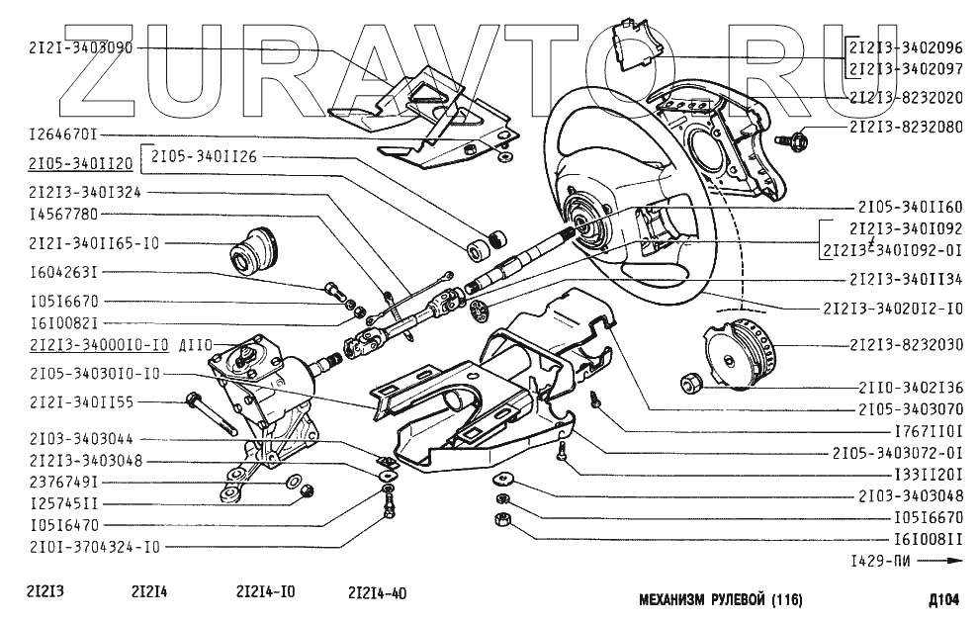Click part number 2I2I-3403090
point(73,46)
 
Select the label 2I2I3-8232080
point(905,128)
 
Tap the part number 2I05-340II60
point(905,209)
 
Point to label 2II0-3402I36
point(905,387)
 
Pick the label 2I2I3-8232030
point(905,345)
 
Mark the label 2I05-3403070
point(905,407)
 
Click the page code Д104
point(944,598)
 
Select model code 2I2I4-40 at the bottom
point(377,593)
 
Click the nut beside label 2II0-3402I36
point(691,382)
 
